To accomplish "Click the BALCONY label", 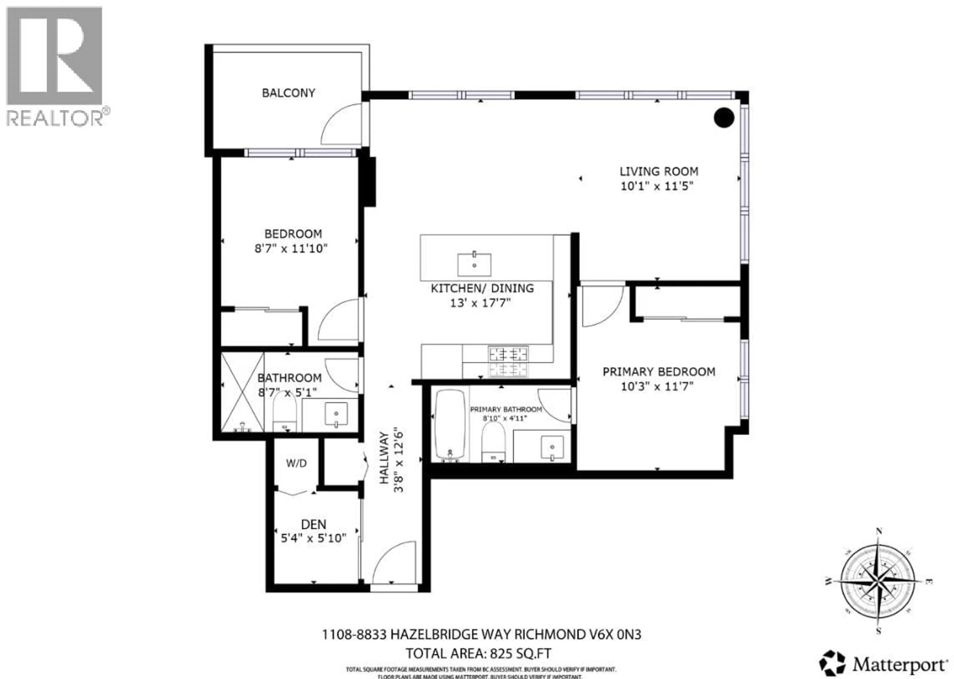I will pyautogui.click(x=288, y=93).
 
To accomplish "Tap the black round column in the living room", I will pyautogui.click(x=724, y=118).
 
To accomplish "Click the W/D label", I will pyautogui.click(x=296, y=463).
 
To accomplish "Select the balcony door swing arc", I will pyautogui.click(x=341, y=124).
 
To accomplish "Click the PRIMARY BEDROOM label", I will pyautogui.click(x=659, y=372).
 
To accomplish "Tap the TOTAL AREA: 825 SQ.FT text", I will pyautogui.click(x=478, y=653).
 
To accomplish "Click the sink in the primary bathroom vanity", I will pyautogui.click(x=552, y=447).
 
